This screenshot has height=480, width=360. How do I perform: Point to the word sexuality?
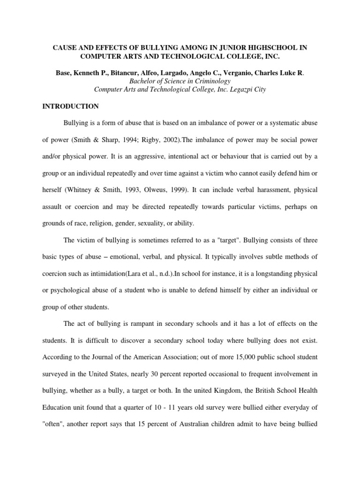coord(155,223)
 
